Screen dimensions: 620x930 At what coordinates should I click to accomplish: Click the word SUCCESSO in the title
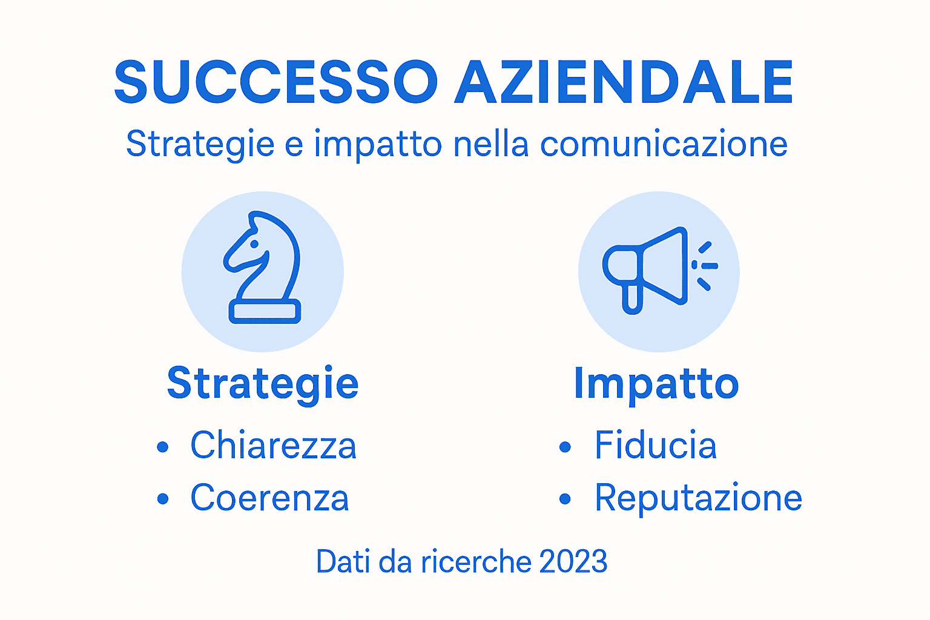pos(275,82)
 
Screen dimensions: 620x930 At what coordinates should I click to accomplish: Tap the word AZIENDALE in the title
pos(624,82)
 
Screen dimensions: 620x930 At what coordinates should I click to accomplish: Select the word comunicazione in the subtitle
pos(664,144)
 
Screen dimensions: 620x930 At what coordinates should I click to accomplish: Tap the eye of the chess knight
pos(255,244)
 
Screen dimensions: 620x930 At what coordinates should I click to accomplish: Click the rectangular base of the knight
pos(265,311)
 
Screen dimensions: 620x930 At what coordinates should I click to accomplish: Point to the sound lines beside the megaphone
pos(705,266)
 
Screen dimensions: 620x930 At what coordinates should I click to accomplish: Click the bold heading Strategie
pos(263,384)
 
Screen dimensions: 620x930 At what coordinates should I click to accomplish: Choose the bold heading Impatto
pos(656,384)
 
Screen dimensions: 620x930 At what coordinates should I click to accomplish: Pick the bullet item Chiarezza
pos(273,446)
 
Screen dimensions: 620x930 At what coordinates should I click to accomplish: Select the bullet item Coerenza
pos(269,498)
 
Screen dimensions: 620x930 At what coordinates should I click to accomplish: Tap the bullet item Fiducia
pos(656,446)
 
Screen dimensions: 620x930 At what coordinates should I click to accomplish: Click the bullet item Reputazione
pos(698,498)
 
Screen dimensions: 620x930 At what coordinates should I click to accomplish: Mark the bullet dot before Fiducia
pos(565,447)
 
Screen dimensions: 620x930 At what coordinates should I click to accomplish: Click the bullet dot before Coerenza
pos(162,499)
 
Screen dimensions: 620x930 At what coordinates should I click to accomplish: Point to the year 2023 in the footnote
pos(573,562)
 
